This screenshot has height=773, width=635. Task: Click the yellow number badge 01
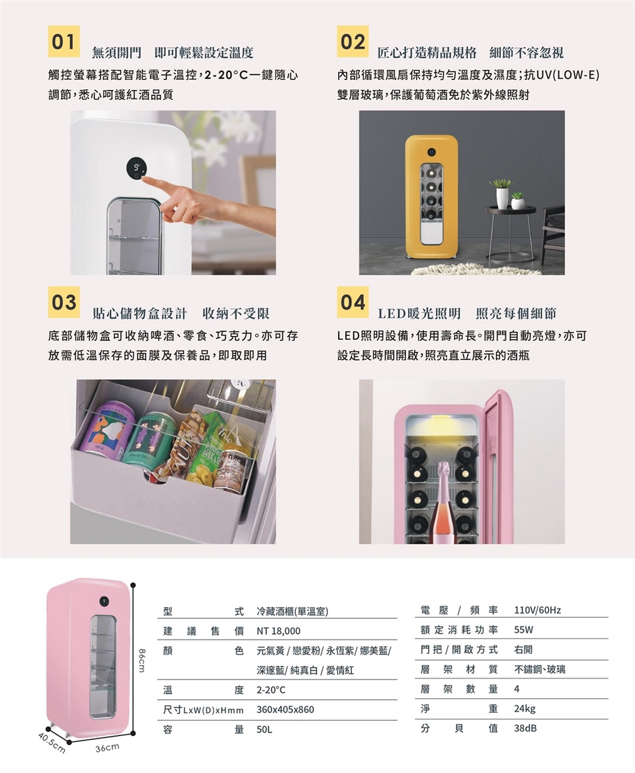[63, 42]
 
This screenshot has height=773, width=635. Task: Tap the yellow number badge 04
[353, 302]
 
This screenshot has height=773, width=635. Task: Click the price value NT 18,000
[278, 631]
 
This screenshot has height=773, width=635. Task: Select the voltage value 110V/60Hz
[536, 610]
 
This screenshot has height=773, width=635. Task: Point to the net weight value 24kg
[525, 709]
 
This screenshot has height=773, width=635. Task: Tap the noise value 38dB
[526, 729]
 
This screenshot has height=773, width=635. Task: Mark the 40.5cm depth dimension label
[50, 743]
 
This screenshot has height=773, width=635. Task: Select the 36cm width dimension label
[107, 748]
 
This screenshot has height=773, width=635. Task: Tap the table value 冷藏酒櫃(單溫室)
[292, 610]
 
